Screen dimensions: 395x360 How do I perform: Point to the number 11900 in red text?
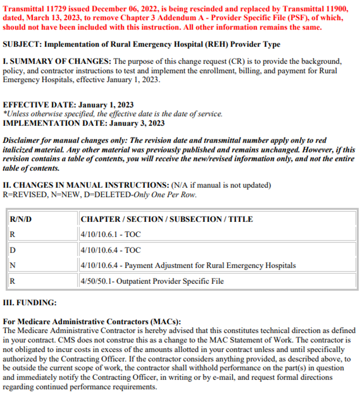334,9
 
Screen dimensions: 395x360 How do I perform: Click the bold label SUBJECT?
21,44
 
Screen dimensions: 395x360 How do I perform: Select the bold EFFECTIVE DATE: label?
34,105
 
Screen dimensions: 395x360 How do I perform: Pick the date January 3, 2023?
137,123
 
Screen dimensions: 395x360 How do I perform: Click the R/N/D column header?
21,219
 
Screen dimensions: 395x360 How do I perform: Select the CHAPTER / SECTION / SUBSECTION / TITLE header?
167,219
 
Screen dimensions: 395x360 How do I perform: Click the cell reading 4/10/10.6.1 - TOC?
110,235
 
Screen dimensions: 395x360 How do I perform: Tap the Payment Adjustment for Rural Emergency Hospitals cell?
188,266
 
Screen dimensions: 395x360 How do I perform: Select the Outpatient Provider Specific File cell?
152,281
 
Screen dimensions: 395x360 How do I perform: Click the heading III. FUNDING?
30,303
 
